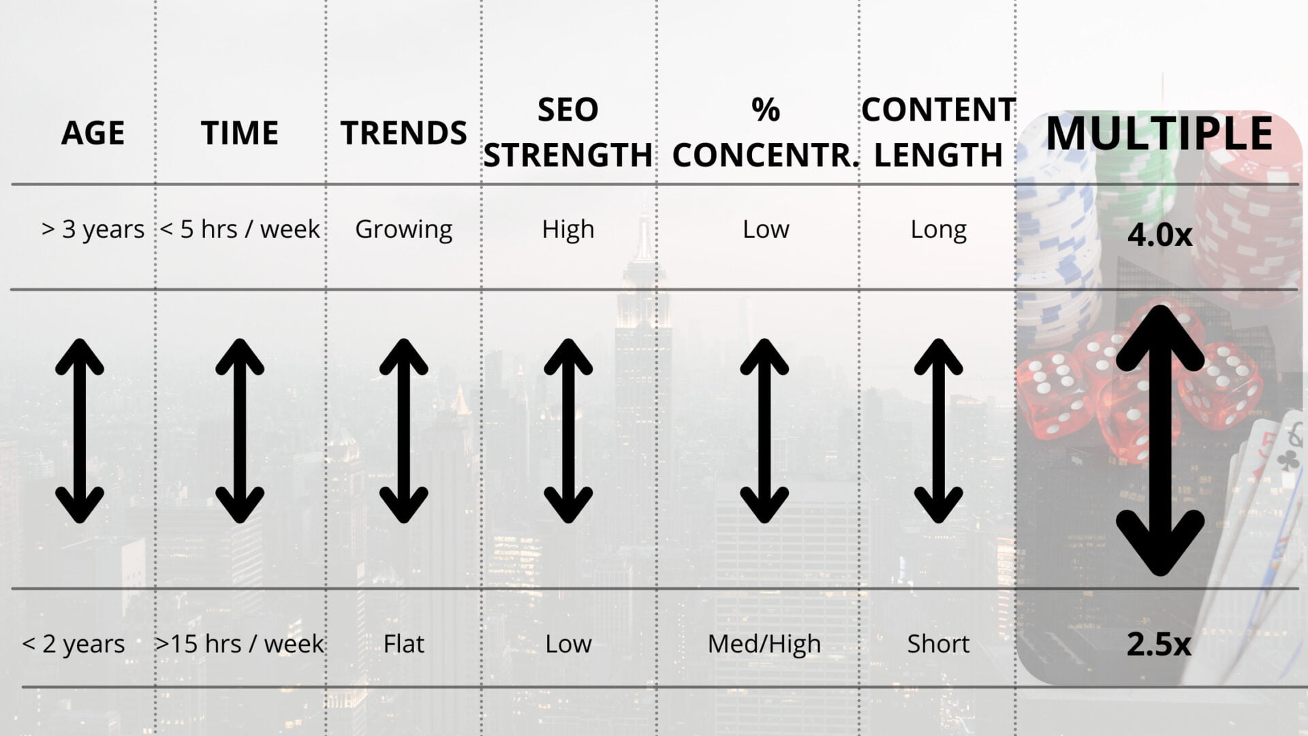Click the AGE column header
click(x=93, y=133)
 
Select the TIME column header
click(x=240, y=133)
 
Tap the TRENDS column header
click(x=403, y=133)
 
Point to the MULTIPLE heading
click(x=1159, y=133)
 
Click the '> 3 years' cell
click(x=93, y=230)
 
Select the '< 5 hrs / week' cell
click(x=240, y=229)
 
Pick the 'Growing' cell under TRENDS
click(x=403, y=230)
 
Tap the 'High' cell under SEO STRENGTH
click(x=568, y=229)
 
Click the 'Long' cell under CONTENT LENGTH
click(x=938, y=230)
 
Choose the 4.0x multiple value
click(x=1159, y=235)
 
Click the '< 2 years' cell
click(x=74, y=644)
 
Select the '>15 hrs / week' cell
click(x=240, y=644)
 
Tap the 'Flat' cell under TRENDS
click(x=403, y=644)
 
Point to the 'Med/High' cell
click(x=764, y=644)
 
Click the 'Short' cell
click(x=938, y=644)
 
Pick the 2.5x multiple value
click(x=1159, y=645)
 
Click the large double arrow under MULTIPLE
click(x=1159, y=440)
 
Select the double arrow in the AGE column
click(x=80, y=431)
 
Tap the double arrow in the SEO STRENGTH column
click(x=568, y=431)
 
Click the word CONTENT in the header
click(x=938, y=110)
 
